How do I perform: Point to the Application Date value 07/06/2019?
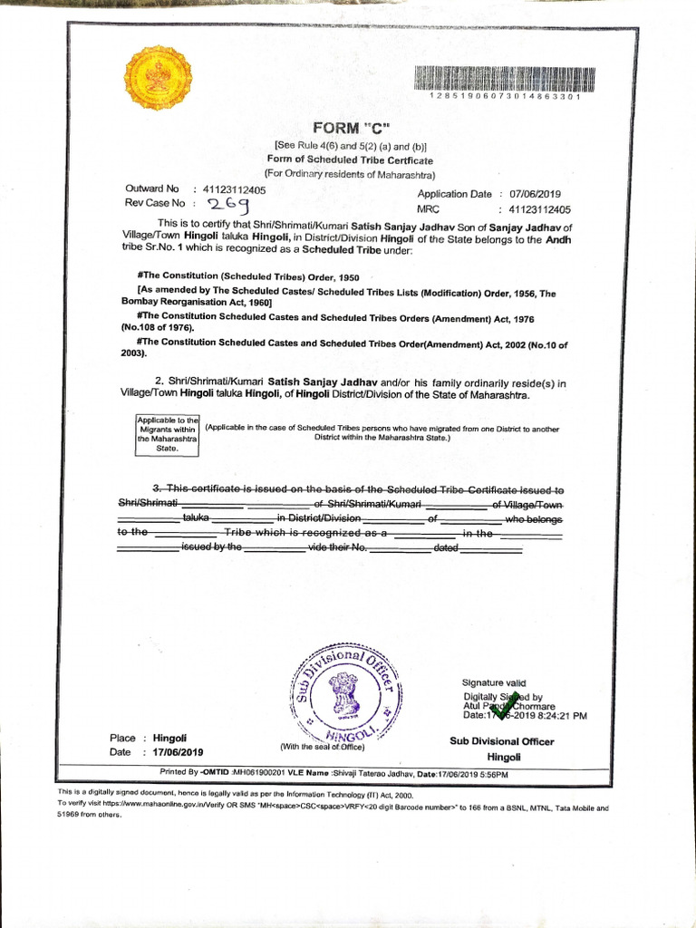pos(536,194)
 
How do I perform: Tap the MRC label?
pos(428,208)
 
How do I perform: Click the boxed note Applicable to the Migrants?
pos(167,434)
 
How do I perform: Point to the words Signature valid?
pos(494,682)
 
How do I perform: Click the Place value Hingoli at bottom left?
pos(169,738)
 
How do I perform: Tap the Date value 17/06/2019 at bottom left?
pos(179,752)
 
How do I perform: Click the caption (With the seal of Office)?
pos(323,747)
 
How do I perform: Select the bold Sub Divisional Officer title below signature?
pos(501,741)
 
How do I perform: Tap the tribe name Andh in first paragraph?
pos(558,239)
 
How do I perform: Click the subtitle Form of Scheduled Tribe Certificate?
pos(350,159)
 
